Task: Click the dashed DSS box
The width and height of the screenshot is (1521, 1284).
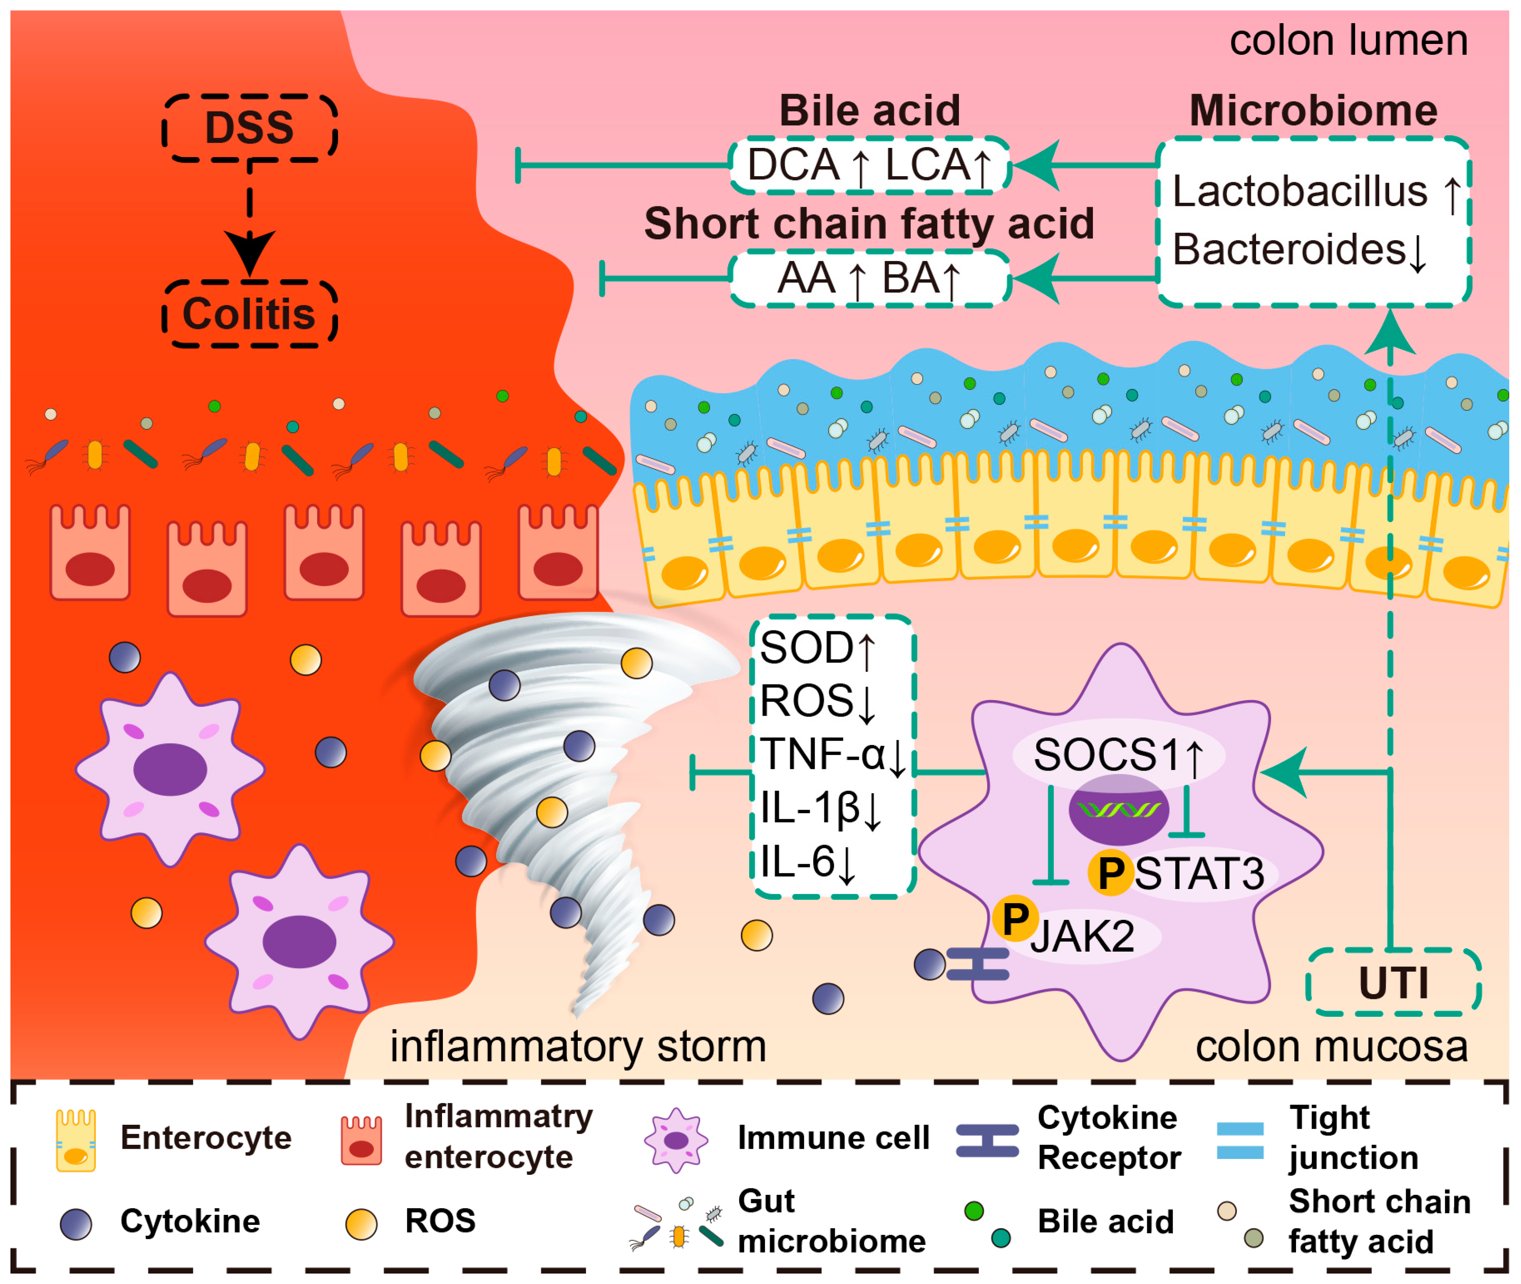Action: pos(250,128)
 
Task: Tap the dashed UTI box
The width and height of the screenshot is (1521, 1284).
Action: pos(1393,982)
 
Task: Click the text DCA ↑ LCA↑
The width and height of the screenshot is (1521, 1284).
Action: pos(870,165)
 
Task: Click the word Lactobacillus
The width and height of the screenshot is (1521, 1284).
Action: pos(1299,192)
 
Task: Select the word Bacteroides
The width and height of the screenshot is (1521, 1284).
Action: pos(1288,250)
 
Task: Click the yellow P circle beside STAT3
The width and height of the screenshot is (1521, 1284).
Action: pos(1110,873)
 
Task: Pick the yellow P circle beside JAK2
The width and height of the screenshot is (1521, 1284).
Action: pos(1015,919)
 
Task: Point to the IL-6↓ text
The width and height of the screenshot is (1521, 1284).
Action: pos(808,862)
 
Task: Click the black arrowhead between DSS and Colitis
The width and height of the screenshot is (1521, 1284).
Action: pos(250,251)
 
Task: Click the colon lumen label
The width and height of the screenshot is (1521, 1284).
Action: pos(1348,41)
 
